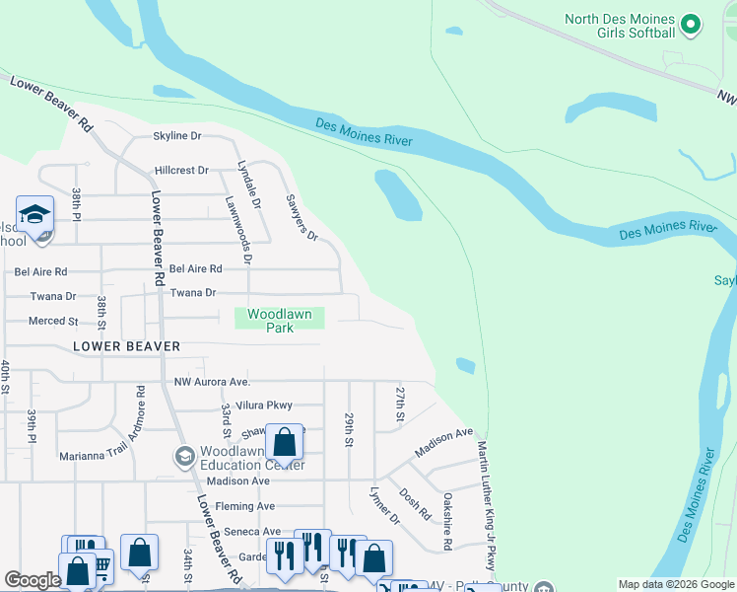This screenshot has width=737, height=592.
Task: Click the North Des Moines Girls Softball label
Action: tap(619, 26)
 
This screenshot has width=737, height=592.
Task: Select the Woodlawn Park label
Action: tap(279, 321)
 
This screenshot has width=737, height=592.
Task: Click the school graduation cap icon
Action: tap(33, 214)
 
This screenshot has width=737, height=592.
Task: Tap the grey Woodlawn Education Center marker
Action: tap(183, 456)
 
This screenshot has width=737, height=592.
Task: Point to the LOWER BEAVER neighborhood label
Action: tap(126, 346)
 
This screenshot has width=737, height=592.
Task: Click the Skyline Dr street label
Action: tap(176, 136)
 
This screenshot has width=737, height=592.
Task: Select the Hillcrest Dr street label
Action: tap(181, 170)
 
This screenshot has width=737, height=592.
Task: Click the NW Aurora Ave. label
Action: tap(213, 382)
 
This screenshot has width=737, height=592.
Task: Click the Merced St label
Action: tap(53, 321)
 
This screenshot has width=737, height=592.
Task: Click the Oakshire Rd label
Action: tap(448, 521)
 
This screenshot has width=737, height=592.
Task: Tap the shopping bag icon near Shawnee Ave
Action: tap(284, 443)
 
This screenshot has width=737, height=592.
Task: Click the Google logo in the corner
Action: tap(33, 580)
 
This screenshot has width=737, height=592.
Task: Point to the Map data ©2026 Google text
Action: tap(675, 584)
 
